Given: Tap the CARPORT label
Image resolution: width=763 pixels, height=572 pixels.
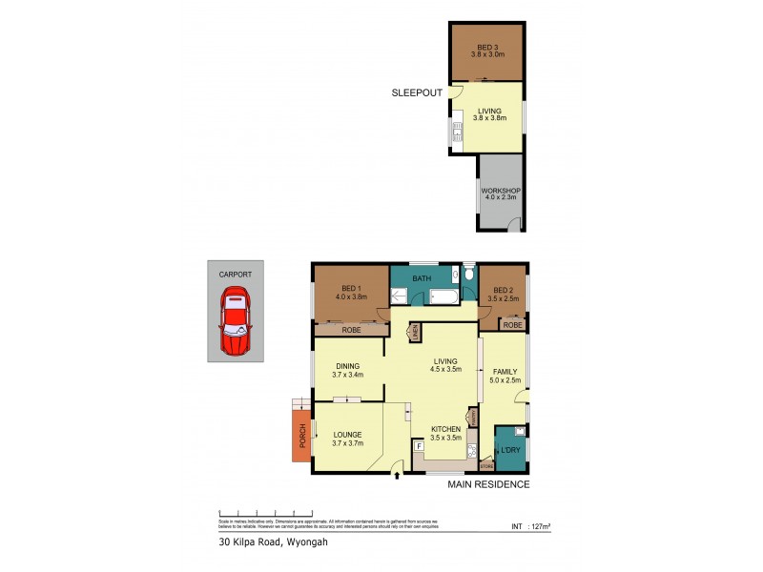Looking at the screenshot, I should pos(236,274).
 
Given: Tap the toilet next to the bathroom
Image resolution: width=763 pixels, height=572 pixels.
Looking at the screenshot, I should pos(468,275).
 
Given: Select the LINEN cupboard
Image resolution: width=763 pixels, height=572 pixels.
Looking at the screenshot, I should pos(415,333).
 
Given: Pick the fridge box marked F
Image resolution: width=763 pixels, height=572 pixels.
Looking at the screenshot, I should pos(418,445).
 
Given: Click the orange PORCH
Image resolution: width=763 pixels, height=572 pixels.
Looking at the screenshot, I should pos(301,430).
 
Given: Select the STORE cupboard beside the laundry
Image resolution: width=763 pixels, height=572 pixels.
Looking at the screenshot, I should pos(485,465).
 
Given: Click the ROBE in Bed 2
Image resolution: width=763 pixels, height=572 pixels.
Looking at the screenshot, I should pos(512,325).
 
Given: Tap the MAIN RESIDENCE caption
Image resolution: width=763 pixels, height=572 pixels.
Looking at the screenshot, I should pos(488,484).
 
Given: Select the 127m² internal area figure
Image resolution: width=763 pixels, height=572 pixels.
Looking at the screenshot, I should pos(532,525).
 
